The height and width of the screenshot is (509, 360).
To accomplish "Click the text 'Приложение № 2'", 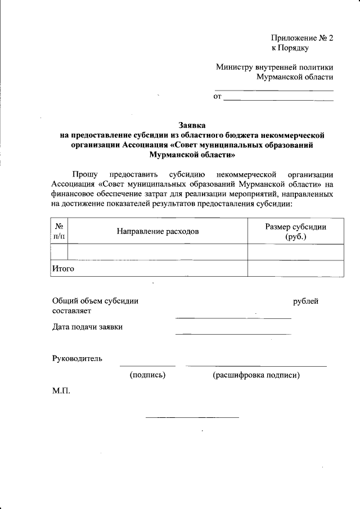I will click(302, 38).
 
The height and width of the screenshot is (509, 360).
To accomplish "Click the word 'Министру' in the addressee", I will click(234, 67).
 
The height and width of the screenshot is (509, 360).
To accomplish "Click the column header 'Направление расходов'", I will click(157, 231).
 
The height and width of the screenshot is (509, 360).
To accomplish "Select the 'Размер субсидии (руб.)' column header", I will click(295, 231).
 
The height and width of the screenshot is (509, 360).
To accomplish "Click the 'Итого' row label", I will click(64, 268).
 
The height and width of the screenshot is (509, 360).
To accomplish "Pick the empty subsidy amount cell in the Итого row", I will click(295, 268).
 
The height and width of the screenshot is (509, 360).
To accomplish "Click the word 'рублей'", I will click(306, 301).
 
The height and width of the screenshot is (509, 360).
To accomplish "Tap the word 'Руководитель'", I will click(77, 358).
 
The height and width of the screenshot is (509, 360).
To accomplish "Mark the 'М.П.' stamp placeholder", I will click(61, 390).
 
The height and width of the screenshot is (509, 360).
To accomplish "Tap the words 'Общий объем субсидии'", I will click(95, 301).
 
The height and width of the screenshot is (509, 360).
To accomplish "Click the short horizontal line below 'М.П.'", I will click(192, 417).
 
